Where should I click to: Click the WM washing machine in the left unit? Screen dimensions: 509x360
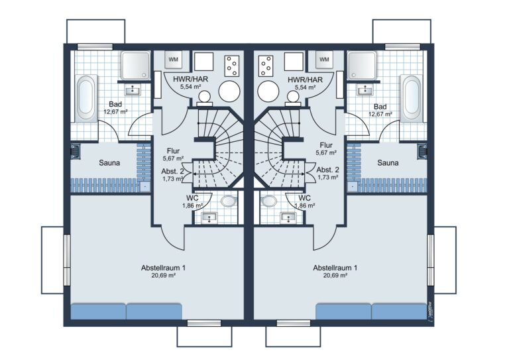pyautogui.click(x=174, y=60)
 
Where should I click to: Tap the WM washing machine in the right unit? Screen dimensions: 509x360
pyautogui.click(x=324, y=60)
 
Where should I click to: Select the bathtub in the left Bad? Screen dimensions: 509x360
pyautogui.click(x=86, y=98)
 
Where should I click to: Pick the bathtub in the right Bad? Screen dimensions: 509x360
pyautogui.click(x=412, y=98)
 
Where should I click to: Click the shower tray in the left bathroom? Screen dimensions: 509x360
pyautogui.click(x=136, y=65)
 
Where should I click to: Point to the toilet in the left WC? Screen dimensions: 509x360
pyautogui.click(x=229, y=201)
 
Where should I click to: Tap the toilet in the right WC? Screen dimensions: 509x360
pyautogui.click(x=269, y=201)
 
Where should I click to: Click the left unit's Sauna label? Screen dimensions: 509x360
pyautogui.click(x=109, y=162)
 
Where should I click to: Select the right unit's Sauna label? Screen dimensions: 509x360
pyautogui.click(x=388, y=162)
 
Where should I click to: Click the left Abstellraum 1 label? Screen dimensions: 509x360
pyautogui.click(x=163, y=268)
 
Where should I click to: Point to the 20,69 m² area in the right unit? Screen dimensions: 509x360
pyautogui.click(x=335, y=276)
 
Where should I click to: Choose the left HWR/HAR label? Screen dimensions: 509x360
pyautogui.click(x=191, y=79)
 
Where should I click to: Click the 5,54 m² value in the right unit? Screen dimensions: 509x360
pyautogui.click(x=305, y=87)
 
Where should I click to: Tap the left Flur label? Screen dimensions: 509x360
pyautogui.click(x=174, y=151)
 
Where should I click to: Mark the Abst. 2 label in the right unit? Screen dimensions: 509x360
pyautogui.click(x=328, y=170)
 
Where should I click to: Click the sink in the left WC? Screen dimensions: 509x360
pyautogui.click(x=209, y=217)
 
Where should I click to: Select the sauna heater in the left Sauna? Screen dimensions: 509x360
pyautogui.click(x=76, y=152)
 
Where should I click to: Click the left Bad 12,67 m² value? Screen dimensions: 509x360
pyautogui.click(x=115, y=112)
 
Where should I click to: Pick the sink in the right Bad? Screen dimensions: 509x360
pyautogui.click(x=365, y=90)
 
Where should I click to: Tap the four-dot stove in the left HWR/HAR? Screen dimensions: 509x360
pyautogui.click(x=232, y=66)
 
